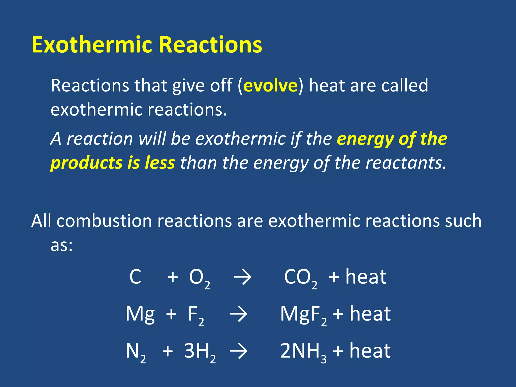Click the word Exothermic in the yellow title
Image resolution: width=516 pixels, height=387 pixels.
92,45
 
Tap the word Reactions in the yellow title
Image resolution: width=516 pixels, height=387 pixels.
210,45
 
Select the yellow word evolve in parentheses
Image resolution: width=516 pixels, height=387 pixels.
270,86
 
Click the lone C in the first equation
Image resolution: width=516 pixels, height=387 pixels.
135,277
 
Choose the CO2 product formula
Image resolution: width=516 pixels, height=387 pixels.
301,278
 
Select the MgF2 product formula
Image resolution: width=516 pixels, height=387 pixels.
303,315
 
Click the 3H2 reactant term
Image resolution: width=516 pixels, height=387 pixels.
200,352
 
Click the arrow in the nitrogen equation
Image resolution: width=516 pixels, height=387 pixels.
238,351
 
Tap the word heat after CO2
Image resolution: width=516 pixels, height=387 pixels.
366,277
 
